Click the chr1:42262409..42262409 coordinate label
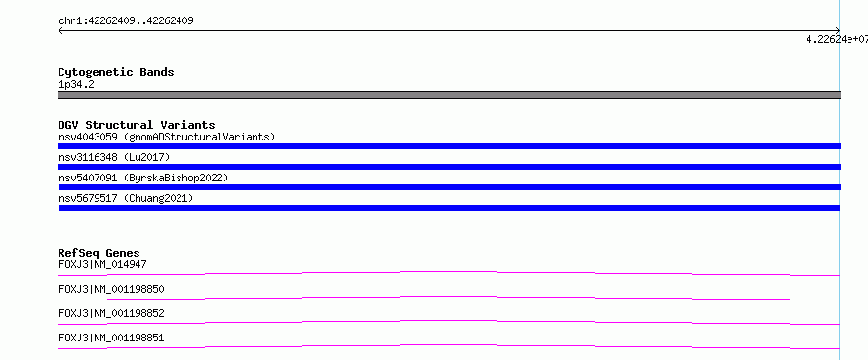click(x=126, y=21)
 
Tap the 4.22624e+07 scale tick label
click(x=837, y=39)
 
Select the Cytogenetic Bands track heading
click(x=116, y=72)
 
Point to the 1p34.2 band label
click(x=76, y=85)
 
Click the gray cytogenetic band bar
click(x=449, y=95)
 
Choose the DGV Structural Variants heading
click(x=137, y=125)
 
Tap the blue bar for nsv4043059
click(x=449, y=146)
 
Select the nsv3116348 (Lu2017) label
click(x=114, y=157)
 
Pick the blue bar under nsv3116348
click(x=449, y=167)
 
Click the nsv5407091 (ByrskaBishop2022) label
click(x=143, y=178)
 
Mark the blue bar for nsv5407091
click(x=449, y=187)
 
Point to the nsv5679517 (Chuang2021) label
click(x=126, y=198)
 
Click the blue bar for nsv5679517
click(x=449, y=208)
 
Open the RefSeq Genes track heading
click(x=99, y=254)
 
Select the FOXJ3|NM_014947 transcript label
click(x=102, y=264)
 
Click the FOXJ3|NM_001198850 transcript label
click(x=111, y=289)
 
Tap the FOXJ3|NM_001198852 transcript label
click(x=111, y=313)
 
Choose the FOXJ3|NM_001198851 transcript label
click(x=111, y=338)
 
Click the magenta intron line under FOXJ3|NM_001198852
click(x=449, y=321)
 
